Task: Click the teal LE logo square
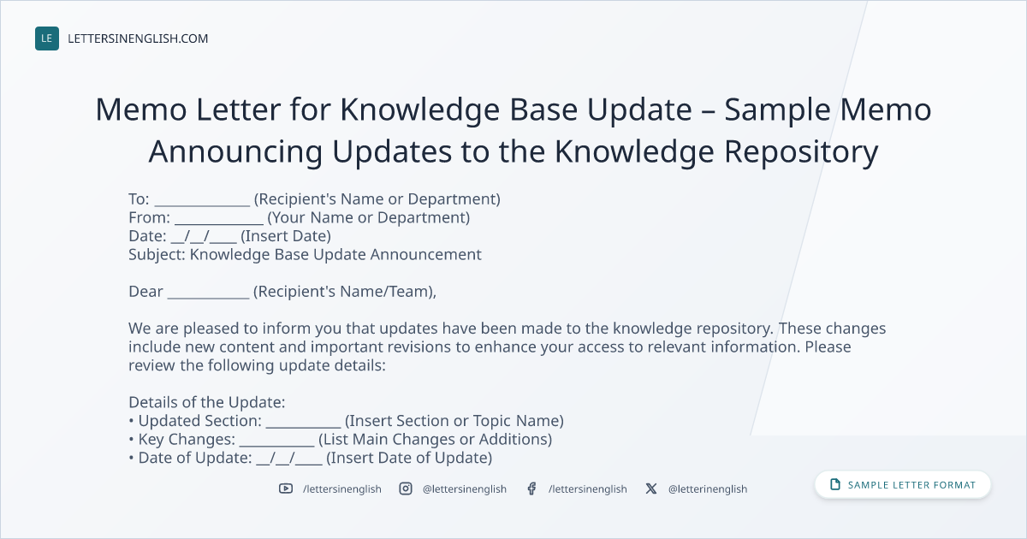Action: [x=47, y=38]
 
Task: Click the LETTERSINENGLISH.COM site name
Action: [x=138, y=38]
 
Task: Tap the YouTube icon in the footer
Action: [x=286, y=489]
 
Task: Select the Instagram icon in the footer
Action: [x=406, y=489]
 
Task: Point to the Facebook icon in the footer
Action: [x=531, y=489]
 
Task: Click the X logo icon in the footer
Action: [x=651, y=489]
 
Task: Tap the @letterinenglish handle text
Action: [x=708, y=489]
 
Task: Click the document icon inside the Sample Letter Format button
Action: [x=835, y=484]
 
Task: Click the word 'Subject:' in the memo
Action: [x=157, y=255]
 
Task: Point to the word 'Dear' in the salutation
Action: [x=145, y=292]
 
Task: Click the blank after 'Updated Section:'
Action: [x=304, y=427]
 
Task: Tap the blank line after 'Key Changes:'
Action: [x=277, y=446]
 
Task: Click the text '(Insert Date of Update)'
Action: [x=409, y=458]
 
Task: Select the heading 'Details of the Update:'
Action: [x=207, y=402]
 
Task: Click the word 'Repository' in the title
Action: [x=801, y=152]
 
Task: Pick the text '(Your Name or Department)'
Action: [x=369, y=217]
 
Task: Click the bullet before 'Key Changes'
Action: [x=131, y=440]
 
